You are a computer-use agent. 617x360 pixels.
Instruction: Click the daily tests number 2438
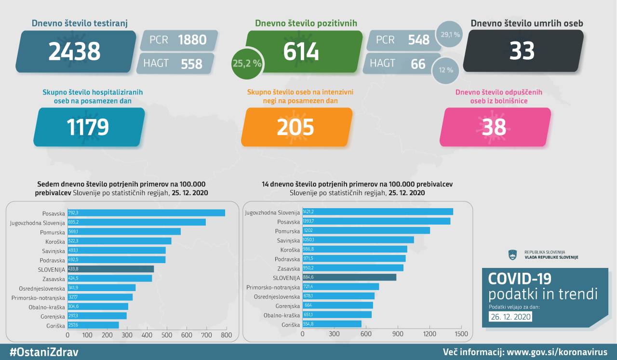[74, 51]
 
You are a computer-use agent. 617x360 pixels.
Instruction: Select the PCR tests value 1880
[192, 40]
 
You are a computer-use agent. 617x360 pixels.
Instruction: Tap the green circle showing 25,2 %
[247, 63]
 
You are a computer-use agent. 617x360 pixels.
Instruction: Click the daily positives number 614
[301, 51]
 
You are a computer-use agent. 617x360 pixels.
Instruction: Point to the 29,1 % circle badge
[450, 35]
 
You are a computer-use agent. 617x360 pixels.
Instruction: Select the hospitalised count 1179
[88, 127]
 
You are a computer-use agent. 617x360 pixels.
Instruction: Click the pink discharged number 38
[494, 127]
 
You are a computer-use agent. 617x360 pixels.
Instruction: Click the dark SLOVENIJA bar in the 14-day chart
[349, 277]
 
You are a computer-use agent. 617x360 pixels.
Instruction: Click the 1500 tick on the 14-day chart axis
[461, 333]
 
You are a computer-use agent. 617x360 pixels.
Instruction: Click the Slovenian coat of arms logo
[512, 254]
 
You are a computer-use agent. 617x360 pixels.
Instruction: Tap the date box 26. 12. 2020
[510, 317]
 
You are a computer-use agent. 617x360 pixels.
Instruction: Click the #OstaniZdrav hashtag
[44, 352]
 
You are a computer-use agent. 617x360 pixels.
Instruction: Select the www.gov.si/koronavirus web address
[556, 352]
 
